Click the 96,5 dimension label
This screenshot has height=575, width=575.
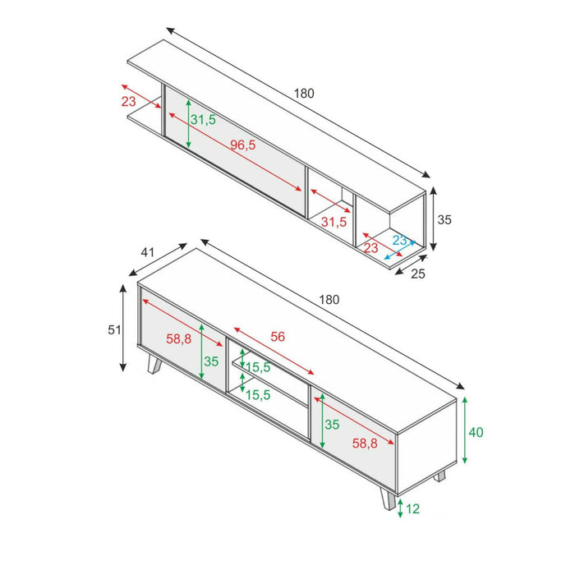point(243,145)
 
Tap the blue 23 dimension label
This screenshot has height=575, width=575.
point(400,241)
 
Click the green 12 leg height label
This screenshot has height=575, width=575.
point(412,509)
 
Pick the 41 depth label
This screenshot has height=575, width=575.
point(148,253)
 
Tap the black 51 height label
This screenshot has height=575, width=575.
point(114,330)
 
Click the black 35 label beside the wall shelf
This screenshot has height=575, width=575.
point(444,220)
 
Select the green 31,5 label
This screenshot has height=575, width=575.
point(203,120)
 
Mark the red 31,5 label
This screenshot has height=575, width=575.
point(333,222)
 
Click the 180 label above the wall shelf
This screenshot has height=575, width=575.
point(304,94)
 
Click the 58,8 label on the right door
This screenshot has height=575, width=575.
point(364,443)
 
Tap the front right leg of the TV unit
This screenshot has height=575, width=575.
point(386,499)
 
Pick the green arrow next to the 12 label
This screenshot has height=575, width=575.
point(399,509)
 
